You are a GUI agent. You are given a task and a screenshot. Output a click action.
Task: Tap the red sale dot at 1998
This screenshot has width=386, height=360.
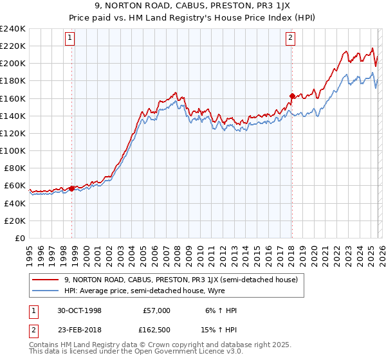[72, 188]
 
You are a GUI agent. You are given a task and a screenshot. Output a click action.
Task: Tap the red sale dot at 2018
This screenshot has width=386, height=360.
[292, 96]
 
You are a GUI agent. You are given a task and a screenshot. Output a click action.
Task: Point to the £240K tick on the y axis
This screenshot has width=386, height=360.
[13, 29]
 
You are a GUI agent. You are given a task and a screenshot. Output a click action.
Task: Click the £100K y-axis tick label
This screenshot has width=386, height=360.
[13, 150]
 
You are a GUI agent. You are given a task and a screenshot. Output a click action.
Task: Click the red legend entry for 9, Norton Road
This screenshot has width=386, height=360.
[180, 280]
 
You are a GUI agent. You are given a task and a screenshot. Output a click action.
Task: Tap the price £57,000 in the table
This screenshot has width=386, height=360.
[156, 310]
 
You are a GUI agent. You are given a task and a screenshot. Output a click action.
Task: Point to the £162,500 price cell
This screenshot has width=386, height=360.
[156, 330]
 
